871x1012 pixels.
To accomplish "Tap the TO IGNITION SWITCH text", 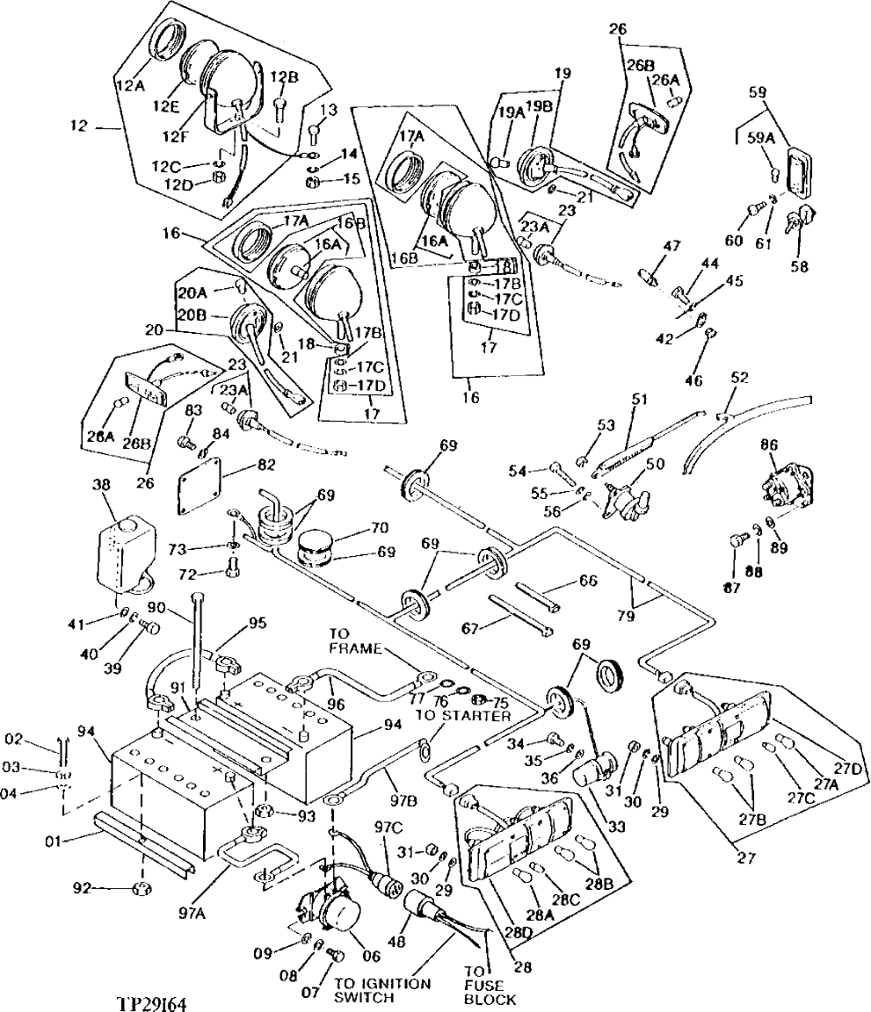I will [382, 990].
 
